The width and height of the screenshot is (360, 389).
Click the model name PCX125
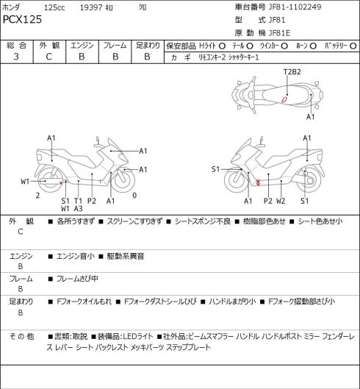click(x=22, y=19)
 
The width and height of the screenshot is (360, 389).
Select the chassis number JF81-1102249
click(x=295, y=7)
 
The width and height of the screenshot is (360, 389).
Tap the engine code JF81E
click(x=280, y=33)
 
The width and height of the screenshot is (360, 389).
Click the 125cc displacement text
click(x=54, y=7)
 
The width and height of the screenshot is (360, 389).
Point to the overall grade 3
click(x=16, y=57)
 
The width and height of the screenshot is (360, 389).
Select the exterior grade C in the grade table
click(x=48, y=57)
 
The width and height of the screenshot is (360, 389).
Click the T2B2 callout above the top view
click(x=292, y=72)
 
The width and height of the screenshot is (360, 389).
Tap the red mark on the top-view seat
click(x=284, y=99)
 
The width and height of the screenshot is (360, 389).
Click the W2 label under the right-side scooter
click(x=281, y=201)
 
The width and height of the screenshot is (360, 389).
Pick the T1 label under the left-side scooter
click(x=78, y=201)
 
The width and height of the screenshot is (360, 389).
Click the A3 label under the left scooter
click(x=78, y=209)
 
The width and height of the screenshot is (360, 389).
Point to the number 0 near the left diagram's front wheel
click(x=134, y=196)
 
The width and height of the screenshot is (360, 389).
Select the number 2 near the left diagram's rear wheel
click(x=37, y=196)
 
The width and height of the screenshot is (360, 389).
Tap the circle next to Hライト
click(x=222, y=46)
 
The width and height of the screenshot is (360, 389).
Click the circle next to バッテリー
click(x=353, y=46)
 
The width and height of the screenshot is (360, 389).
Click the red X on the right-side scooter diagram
click(x=258, y=182)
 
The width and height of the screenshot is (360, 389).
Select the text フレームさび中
click(x=77, y=279)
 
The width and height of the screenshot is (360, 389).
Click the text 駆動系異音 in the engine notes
click(x=126, y=256)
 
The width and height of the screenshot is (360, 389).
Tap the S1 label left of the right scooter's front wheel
click(x=215, y=169)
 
